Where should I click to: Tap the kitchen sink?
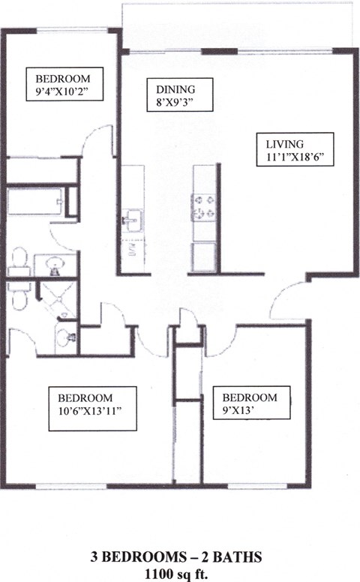[133, 220]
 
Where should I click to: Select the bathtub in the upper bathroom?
[35, 202]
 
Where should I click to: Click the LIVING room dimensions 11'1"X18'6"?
[294, 157]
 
